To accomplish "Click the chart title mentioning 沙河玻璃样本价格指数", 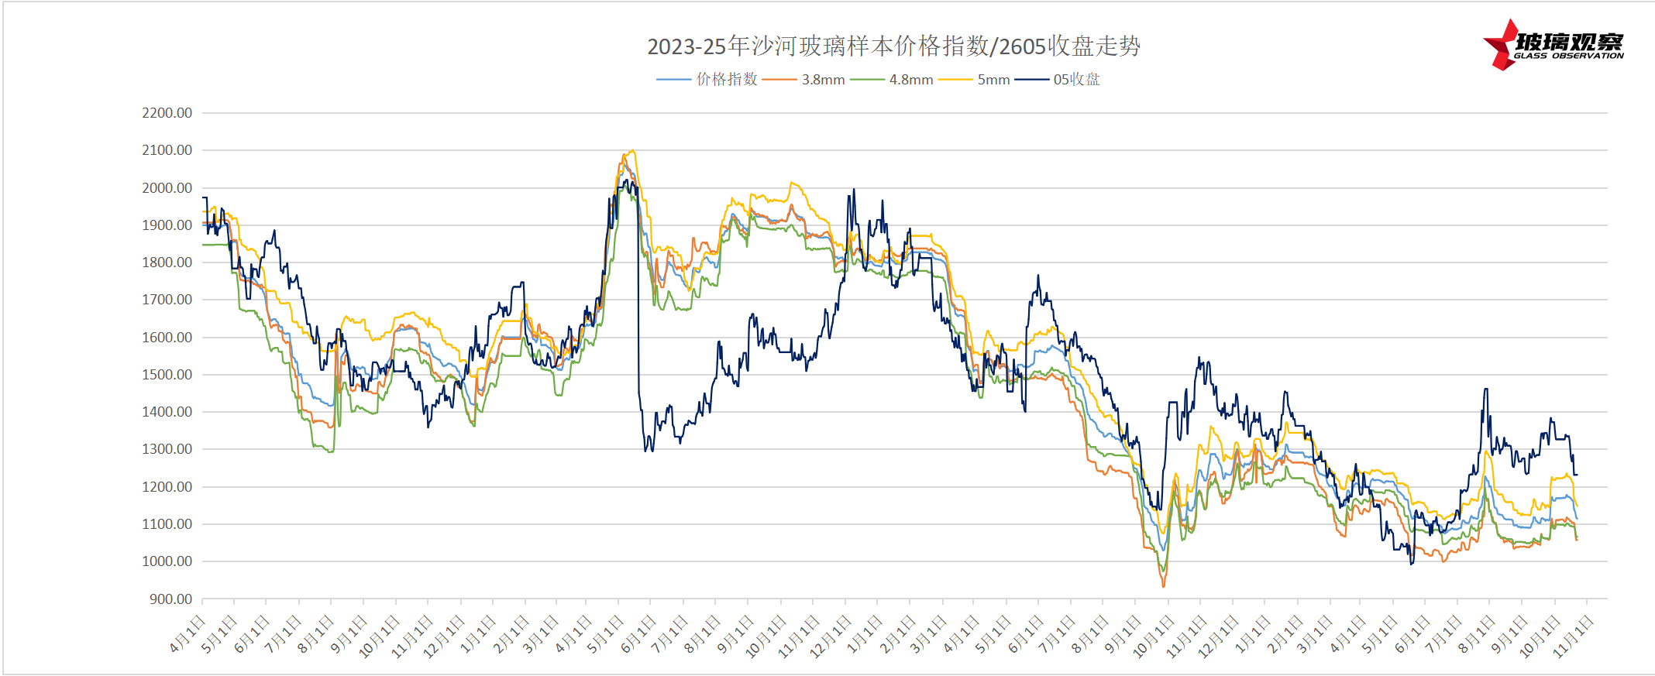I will [x=893, y=46].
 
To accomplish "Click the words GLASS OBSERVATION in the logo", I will [x=1568, y=56].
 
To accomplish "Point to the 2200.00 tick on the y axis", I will [x=167, y=113].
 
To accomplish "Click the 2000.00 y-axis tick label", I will [x=167, y=188].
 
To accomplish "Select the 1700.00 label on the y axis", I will [x=167, y=300].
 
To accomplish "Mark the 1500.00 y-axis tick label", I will [x=167, y=375].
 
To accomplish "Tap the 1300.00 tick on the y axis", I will [x=167, y=449].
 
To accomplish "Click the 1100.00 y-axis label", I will [x=167, y=524].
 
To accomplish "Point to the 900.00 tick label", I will [x=170, y=599].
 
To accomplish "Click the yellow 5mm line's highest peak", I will [x=633, y=151].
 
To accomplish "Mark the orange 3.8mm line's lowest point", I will [x=1163, y=586].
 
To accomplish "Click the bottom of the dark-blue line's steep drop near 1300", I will [x=646, y=451].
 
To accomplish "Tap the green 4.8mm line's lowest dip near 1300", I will [x=330, y=451].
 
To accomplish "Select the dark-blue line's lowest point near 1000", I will [x=1412, y=564].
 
